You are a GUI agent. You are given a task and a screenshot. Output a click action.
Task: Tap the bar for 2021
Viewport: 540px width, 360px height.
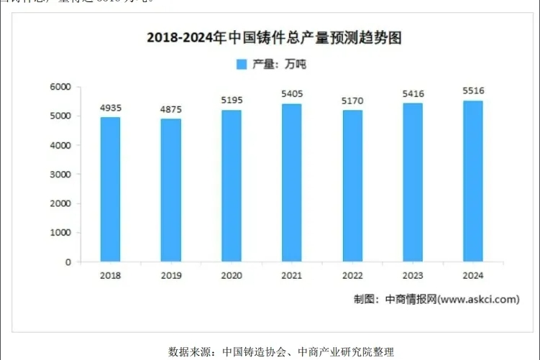pos(291,183)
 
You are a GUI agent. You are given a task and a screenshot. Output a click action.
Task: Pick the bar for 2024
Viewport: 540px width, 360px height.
pos(472,181)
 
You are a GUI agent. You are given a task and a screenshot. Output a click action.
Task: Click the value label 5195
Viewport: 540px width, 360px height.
pos(232,99)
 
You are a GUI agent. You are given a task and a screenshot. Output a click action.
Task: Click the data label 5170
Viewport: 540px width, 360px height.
pos(352,100)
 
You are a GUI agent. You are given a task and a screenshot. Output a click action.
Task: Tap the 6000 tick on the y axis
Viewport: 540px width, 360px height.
pos(60,87)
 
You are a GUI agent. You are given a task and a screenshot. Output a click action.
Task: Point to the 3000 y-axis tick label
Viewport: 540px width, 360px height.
pos(60,175)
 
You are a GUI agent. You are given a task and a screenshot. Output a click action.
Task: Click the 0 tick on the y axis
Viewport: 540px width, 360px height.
pos(68,262)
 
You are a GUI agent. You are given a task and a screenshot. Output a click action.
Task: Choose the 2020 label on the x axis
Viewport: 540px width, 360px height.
pos(232,275)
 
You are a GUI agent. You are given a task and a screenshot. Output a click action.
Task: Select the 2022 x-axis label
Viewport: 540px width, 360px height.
pos(352,275)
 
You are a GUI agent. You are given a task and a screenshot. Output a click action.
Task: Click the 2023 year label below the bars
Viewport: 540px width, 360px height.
pos(413,275)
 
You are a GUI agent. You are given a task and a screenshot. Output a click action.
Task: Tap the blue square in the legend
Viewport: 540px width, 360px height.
pos(242,65)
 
